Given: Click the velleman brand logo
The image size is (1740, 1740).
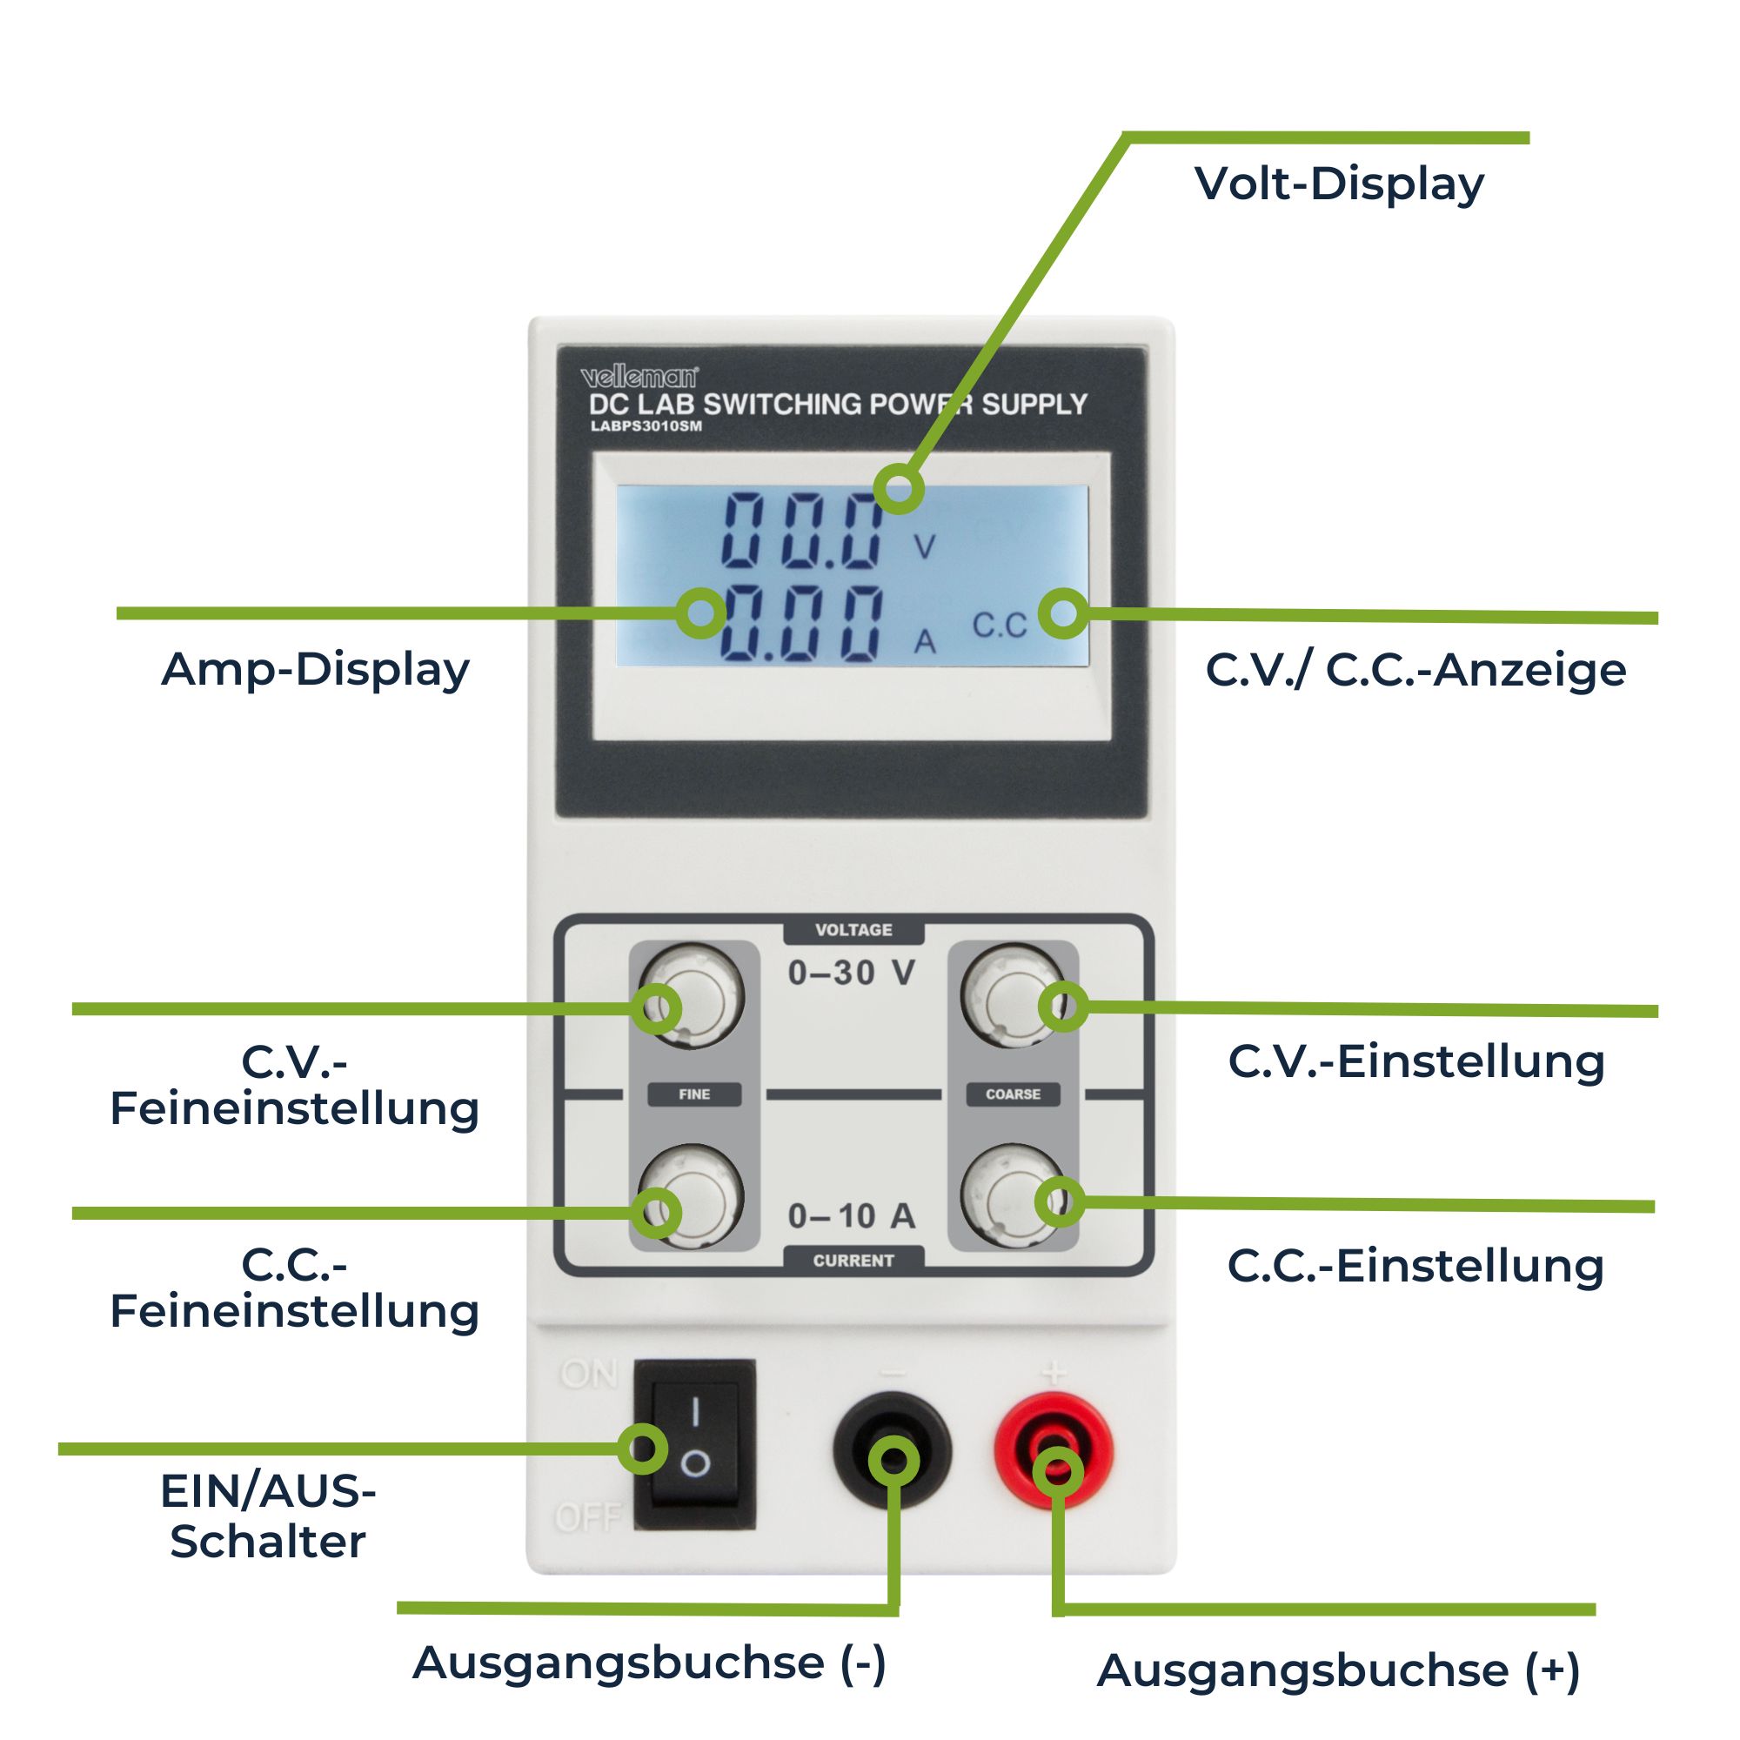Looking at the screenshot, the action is pyautogui.click(x=639, y=377).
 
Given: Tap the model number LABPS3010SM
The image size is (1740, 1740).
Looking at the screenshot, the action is pyautogui.click(x=646, y=426).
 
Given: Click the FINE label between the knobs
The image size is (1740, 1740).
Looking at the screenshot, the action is pyautogui.click(x=694, y=1094).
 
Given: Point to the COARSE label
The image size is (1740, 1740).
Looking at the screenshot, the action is pyautogui.click(x=1014, y=1094).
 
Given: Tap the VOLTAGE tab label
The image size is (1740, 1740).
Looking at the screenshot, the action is pyautogui.click(x=853, y=929).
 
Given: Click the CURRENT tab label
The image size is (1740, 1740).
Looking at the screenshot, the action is pyautogui.click(x=853, y=1260).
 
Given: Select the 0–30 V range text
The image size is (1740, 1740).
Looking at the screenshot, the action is pyautogui.click(x=852, y=973).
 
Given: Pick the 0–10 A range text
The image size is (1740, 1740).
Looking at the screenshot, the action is pyautogui.click(x=852, y=1216).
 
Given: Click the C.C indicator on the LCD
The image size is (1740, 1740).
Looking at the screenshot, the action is pyautogui.click(x=999, y=625).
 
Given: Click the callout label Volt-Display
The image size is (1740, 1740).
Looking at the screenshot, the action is pyautogui.click(x=1339, y=184).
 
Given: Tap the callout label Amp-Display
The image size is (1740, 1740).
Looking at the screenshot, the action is pyautogui.click(x=315, y=669).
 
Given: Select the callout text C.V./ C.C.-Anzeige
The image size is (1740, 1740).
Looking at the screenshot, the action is pyautogui.click(x=1415, y=670).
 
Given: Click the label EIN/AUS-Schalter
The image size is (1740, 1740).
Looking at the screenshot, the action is pyautogui.click(x=267, y=1516).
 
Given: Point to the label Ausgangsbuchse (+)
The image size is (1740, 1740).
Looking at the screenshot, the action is pyautogui.click(x=1338, y=1670).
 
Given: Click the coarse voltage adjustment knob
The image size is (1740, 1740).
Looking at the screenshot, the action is pyautogui.click(x=1014, y=995).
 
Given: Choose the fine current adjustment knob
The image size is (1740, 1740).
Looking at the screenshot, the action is pyautogui.click(x=692, y=1197).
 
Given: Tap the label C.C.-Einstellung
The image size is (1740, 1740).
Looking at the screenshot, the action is pyautogui.click(x=1415, y=1265).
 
